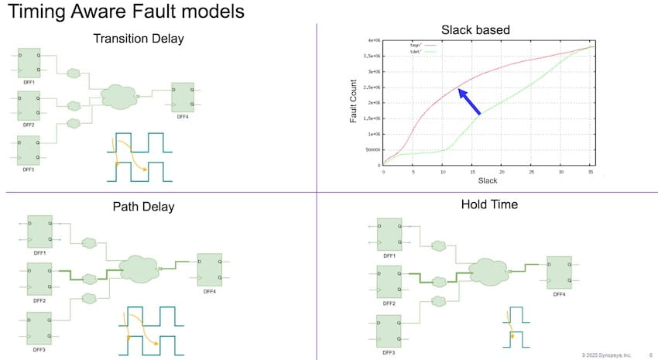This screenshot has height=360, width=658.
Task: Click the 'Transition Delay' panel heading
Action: pyautogui.click(x=139, y=38)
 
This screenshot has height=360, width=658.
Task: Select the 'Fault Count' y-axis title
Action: pyautogui.click(x=354, y=101)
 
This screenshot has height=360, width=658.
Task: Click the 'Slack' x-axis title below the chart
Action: pyautogui.click(x=488, y=180)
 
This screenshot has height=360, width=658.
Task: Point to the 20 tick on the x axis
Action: pyautogui.click(x=502, y=172)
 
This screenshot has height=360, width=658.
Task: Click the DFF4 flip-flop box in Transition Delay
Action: pyautogui.click(x=183, y=96)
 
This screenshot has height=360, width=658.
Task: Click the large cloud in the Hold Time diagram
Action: pyautogui.click(x=487, y=271)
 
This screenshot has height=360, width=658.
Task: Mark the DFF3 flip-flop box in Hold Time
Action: pyautogui.click(x=389, y=327)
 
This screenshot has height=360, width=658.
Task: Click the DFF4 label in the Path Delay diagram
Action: pyautogui.click(x=210, y=292)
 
